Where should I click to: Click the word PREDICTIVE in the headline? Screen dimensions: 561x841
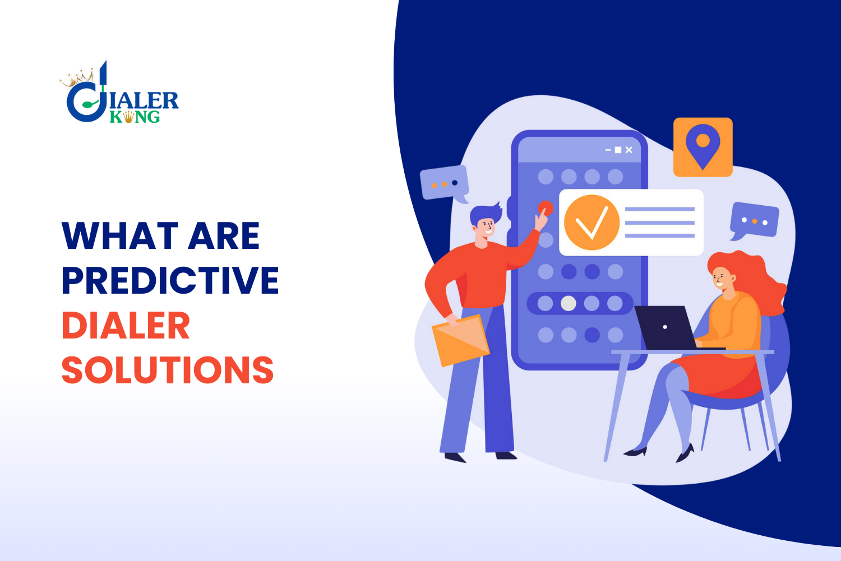point(170,280)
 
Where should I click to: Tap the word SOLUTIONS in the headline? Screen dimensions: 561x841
point(167,370)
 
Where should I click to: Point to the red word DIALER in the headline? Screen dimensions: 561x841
point(126,326)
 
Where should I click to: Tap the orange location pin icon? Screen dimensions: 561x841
point(703,146)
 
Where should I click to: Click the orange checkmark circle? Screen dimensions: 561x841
point(592,222)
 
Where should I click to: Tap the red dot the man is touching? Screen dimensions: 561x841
point(546,208)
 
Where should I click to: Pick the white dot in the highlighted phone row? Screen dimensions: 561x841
point(569,303)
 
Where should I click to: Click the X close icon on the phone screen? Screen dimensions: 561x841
point(629,150)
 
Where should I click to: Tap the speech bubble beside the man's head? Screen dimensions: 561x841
point(444,183)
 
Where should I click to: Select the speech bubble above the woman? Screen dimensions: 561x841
point(754,220)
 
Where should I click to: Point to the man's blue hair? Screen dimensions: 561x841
point(484,212)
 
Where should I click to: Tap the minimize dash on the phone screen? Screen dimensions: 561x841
point(608,150)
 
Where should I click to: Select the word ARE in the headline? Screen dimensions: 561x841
point(224,235)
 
